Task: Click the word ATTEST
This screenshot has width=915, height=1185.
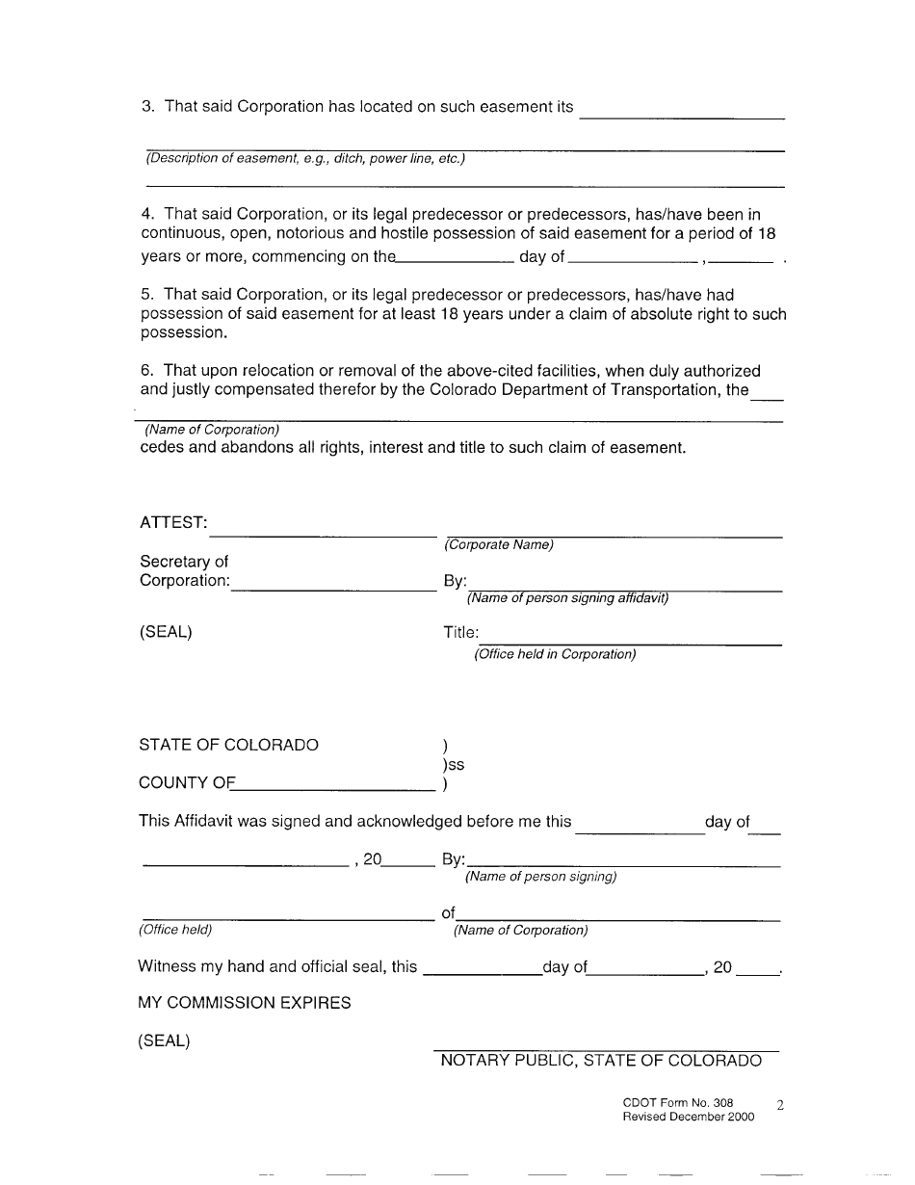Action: [x=173, y=522]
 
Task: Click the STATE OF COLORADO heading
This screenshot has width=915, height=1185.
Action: [x=229, y=745]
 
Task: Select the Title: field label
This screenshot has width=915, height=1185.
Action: [x=460, y=633]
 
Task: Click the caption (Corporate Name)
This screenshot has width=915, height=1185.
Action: [x=499, y=545]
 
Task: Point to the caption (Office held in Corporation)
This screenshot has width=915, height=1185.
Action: [x=555, y=655]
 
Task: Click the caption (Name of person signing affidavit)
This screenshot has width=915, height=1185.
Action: [x=567, y=598]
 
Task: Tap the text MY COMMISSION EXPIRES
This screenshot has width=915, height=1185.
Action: [x=245, y=1003]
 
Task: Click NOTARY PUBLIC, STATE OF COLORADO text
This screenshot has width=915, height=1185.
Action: [x=601, y=1061]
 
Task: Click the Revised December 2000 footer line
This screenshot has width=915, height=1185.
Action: [x=689, y=1118]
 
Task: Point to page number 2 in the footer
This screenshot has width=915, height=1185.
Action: [x=780, y=1106]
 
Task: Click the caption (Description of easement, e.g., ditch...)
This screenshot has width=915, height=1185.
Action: [x=304, y=159]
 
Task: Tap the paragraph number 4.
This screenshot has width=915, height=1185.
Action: [x=147, y=214]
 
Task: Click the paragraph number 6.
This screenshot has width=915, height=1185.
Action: [x=147, y=371]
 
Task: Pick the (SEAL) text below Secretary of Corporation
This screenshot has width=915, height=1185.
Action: [x=166, y=633]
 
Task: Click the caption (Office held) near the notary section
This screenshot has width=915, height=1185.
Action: [x=175, y=931]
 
